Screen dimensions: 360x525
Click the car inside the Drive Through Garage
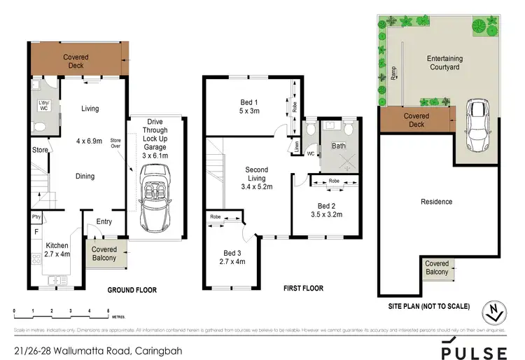155,204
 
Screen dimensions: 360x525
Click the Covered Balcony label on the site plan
437,268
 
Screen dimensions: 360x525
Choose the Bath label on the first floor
339,146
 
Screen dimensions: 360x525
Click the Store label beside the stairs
39,150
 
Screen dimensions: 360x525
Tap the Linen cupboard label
296,147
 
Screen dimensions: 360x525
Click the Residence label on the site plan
436,202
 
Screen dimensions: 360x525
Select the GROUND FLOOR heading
131,290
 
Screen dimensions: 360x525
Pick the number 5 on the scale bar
108,310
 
